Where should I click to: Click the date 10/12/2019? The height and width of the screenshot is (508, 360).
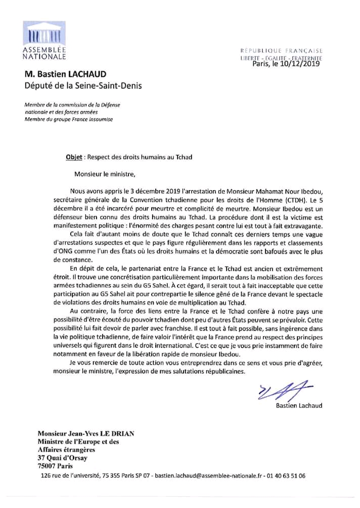coord(298,64)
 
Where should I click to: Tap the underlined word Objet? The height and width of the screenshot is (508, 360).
coord(74,157)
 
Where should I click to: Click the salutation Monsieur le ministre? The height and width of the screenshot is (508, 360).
coord(105,175)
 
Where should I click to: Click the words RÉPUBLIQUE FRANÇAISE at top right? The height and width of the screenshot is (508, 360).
coord(282,51)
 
